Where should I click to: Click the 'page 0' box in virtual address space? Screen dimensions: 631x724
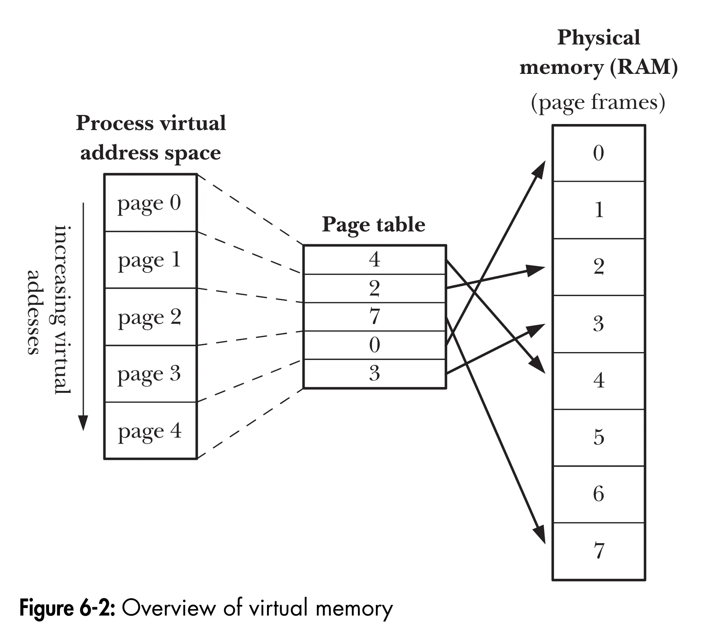[150, 203]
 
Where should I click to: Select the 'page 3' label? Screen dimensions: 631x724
[149, 374]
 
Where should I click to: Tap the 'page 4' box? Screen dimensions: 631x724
[150, 431]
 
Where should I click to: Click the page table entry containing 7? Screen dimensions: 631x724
[374, 317]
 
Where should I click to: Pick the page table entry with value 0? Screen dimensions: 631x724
[374, 345]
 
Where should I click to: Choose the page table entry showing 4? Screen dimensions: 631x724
[374, 260]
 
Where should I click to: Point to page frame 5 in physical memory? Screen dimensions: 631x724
[598, 437]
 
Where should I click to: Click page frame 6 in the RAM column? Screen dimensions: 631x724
[598, 494]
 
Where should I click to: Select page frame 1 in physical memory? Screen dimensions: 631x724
[598, 210]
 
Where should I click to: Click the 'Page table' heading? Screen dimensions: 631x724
[373, 225]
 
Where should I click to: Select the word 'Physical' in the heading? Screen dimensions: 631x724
[598, 38]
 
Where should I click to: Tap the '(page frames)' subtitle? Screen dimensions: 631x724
[598, 103]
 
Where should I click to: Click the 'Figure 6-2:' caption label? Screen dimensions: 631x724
[67, 608]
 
